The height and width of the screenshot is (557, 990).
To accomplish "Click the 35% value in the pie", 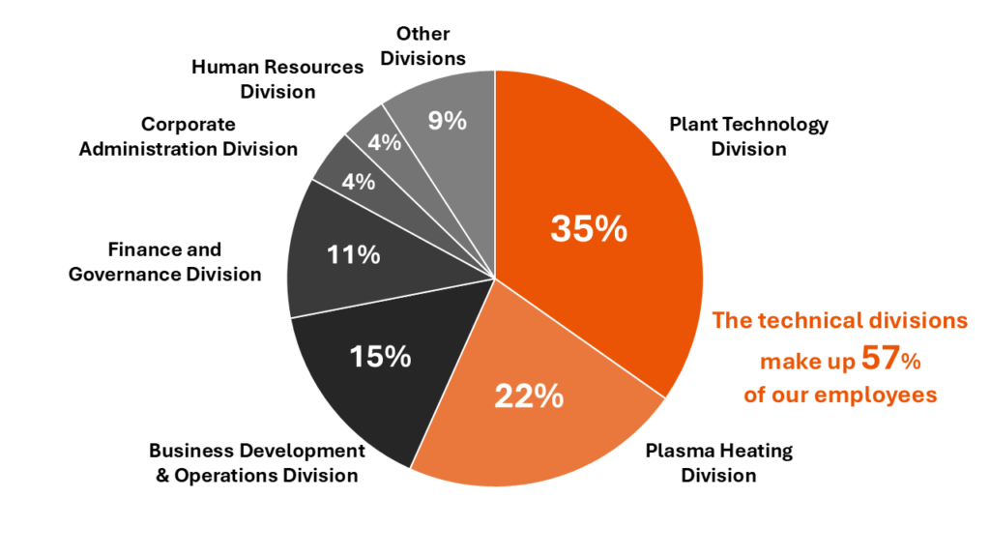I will click(x=589, y=229).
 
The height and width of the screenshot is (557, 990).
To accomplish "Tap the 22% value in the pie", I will click(x=529, y=396).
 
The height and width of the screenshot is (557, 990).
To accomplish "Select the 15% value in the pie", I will click(x=381, y=356).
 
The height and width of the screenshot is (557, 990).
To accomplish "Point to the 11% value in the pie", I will click(x=353, y=255).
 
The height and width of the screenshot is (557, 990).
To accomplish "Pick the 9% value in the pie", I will click(x=448, y=121).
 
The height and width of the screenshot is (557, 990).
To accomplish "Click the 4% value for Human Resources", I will click(x=384, y=142).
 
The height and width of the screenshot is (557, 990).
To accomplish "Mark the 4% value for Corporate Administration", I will click(x=358, y=181).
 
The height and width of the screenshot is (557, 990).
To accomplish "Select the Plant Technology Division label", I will click(x=748, y=136).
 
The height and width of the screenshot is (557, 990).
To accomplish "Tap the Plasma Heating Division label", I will click(x=718, y=462).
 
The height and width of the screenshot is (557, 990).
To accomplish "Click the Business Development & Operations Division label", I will click(x=257, y=462).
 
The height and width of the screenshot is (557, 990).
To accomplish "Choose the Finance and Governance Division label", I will click(x=164, y=262).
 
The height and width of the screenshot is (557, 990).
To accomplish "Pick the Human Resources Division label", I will click(x=277, y=79).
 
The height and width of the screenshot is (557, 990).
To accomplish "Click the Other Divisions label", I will click(x=422, y=46).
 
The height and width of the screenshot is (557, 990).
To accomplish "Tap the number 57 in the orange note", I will click(x=881, y=359).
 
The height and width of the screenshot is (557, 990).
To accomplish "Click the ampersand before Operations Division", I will click(x=163, y=475).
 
